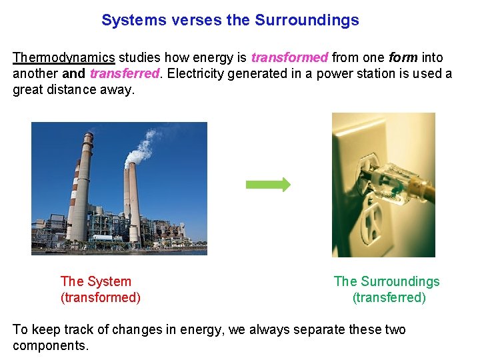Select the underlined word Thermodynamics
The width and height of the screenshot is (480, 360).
point(64,58)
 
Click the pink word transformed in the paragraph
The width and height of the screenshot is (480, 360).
point(289,58)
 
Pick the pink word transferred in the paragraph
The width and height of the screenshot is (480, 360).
point(125,73)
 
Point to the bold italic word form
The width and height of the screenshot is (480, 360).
point(404,58)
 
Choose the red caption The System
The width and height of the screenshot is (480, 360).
point(96,281)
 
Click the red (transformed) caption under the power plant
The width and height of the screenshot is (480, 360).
point(101,297)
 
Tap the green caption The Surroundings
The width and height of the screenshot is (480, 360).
point(387,281)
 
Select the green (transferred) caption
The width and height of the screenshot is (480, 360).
point(389,297)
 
